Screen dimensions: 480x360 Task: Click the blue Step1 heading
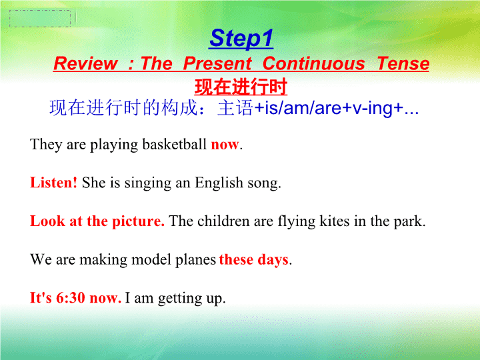tap(241, 39)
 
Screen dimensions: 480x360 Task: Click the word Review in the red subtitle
tap(85, 63)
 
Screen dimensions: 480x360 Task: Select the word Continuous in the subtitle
tap(314, 63)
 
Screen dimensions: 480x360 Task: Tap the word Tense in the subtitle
tap(403, 63)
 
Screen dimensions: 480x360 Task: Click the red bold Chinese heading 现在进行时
tap(241, 87)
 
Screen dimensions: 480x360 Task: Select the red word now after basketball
tap(225, 145)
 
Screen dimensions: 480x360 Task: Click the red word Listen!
tap(53, 183)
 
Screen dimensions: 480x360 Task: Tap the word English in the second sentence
tap(219, 183)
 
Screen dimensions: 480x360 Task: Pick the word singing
tap(148, 183)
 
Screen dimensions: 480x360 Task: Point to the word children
tap(223, 221)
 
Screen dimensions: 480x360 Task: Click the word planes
tap(195, 260)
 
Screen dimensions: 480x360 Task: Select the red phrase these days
tap(254, 259)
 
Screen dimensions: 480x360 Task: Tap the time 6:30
tap(71, 297)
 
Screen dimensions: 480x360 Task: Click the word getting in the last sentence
tap(180, 298)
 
